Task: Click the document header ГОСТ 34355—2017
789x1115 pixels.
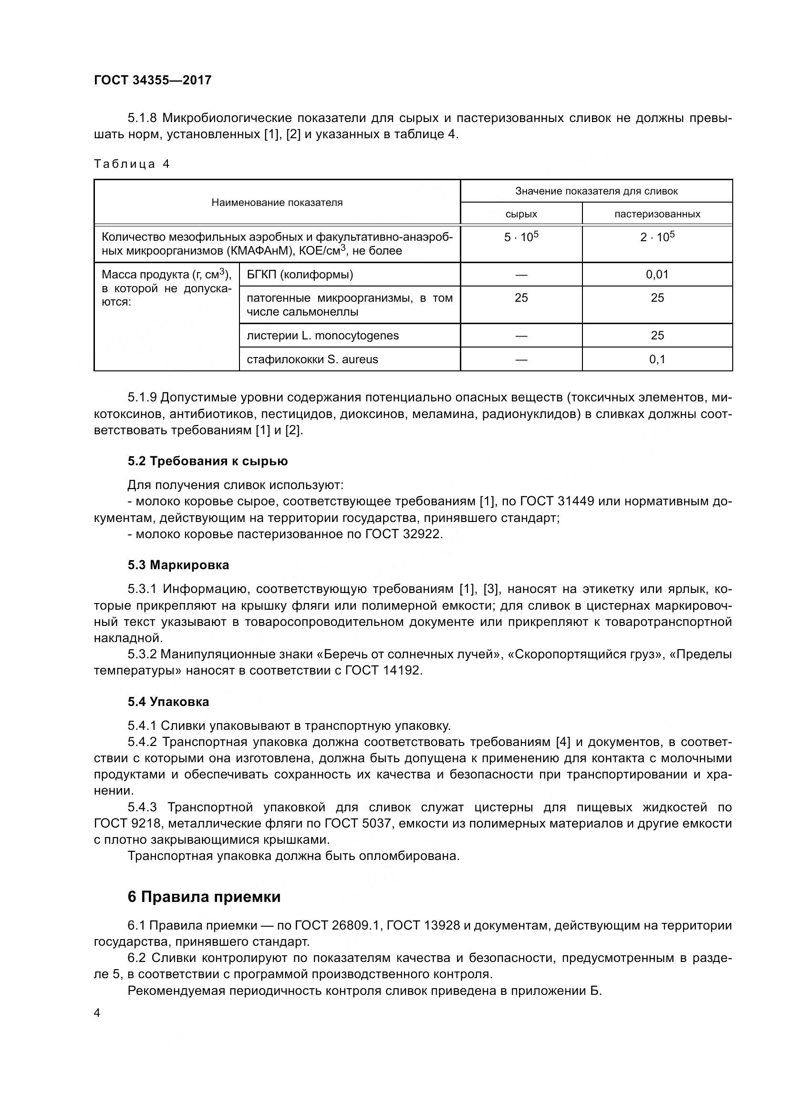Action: (x=153, y=80)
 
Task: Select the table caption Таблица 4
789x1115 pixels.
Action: (x=132, y=164)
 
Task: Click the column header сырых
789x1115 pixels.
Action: (x=521, y=214)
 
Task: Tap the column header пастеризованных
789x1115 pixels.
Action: (x=657, y=214)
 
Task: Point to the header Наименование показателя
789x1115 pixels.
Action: (x=277, y=203)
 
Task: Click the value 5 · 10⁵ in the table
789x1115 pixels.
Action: (x=521, y=237)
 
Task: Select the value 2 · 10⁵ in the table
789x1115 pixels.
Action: (x=657, y=237)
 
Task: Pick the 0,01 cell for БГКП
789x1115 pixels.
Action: (x=657, y=275)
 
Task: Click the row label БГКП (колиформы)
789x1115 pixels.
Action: (x=300, y=275)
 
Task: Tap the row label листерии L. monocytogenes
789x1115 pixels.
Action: (x=322, y=336)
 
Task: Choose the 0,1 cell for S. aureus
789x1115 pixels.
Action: (x=657, y=359)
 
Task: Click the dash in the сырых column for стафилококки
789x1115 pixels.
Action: (x=521, y=359)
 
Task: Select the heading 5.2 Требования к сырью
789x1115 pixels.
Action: (x=208, y=461)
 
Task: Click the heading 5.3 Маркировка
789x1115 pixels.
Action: (x=178, y=565)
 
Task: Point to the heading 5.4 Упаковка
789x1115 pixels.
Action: (x=168, y=702)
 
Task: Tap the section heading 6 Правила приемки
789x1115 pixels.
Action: (x=204, y=897)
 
